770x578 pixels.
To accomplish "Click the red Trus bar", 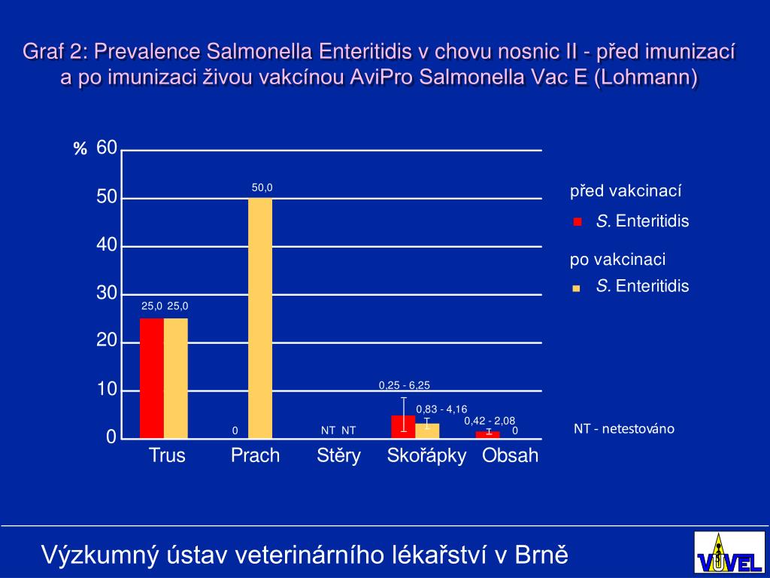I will tap(152, 378).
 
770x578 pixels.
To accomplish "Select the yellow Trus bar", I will tap(176, 378).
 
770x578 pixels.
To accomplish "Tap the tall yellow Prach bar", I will tap(260, 318).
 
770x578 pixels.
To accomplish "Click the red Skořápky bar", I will tap(403, 426).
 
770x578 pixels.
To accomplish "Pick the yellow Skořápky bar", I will tap(427, 430).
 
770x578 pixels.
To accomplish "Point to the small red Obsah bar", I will tap(487, 434).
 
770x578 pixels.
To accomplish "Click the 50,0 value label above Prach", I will tap(262, 188).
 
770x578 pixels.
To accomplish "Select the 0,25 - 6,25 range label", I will tap(404, 385).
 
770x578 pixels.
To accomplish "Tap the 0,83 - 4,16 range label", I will tap(441, 409).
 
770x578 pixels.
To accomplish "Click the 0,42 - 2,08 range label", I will tap(490, 421).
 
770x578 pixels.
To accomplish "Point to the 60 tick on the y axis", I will tap(107, 148).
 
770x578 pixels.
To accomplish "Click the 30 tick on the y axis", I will tap(107, 294).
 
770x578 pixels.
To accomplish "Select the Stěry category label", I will tap(338, 455).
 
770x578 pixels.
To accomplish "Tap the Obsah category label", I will tap(511, 455).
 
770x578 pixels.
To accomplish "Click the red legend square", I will tap(577, 222).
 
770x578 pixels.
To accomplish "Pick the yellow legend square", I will tap(577, 287).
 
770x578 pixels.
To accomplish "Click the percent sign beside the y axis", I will tap(80, 150).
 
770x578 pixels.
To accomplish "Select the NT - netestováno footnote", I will tap(624, 429).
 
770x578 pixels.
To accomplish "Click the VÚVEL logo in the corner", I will tap(718, 552).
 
